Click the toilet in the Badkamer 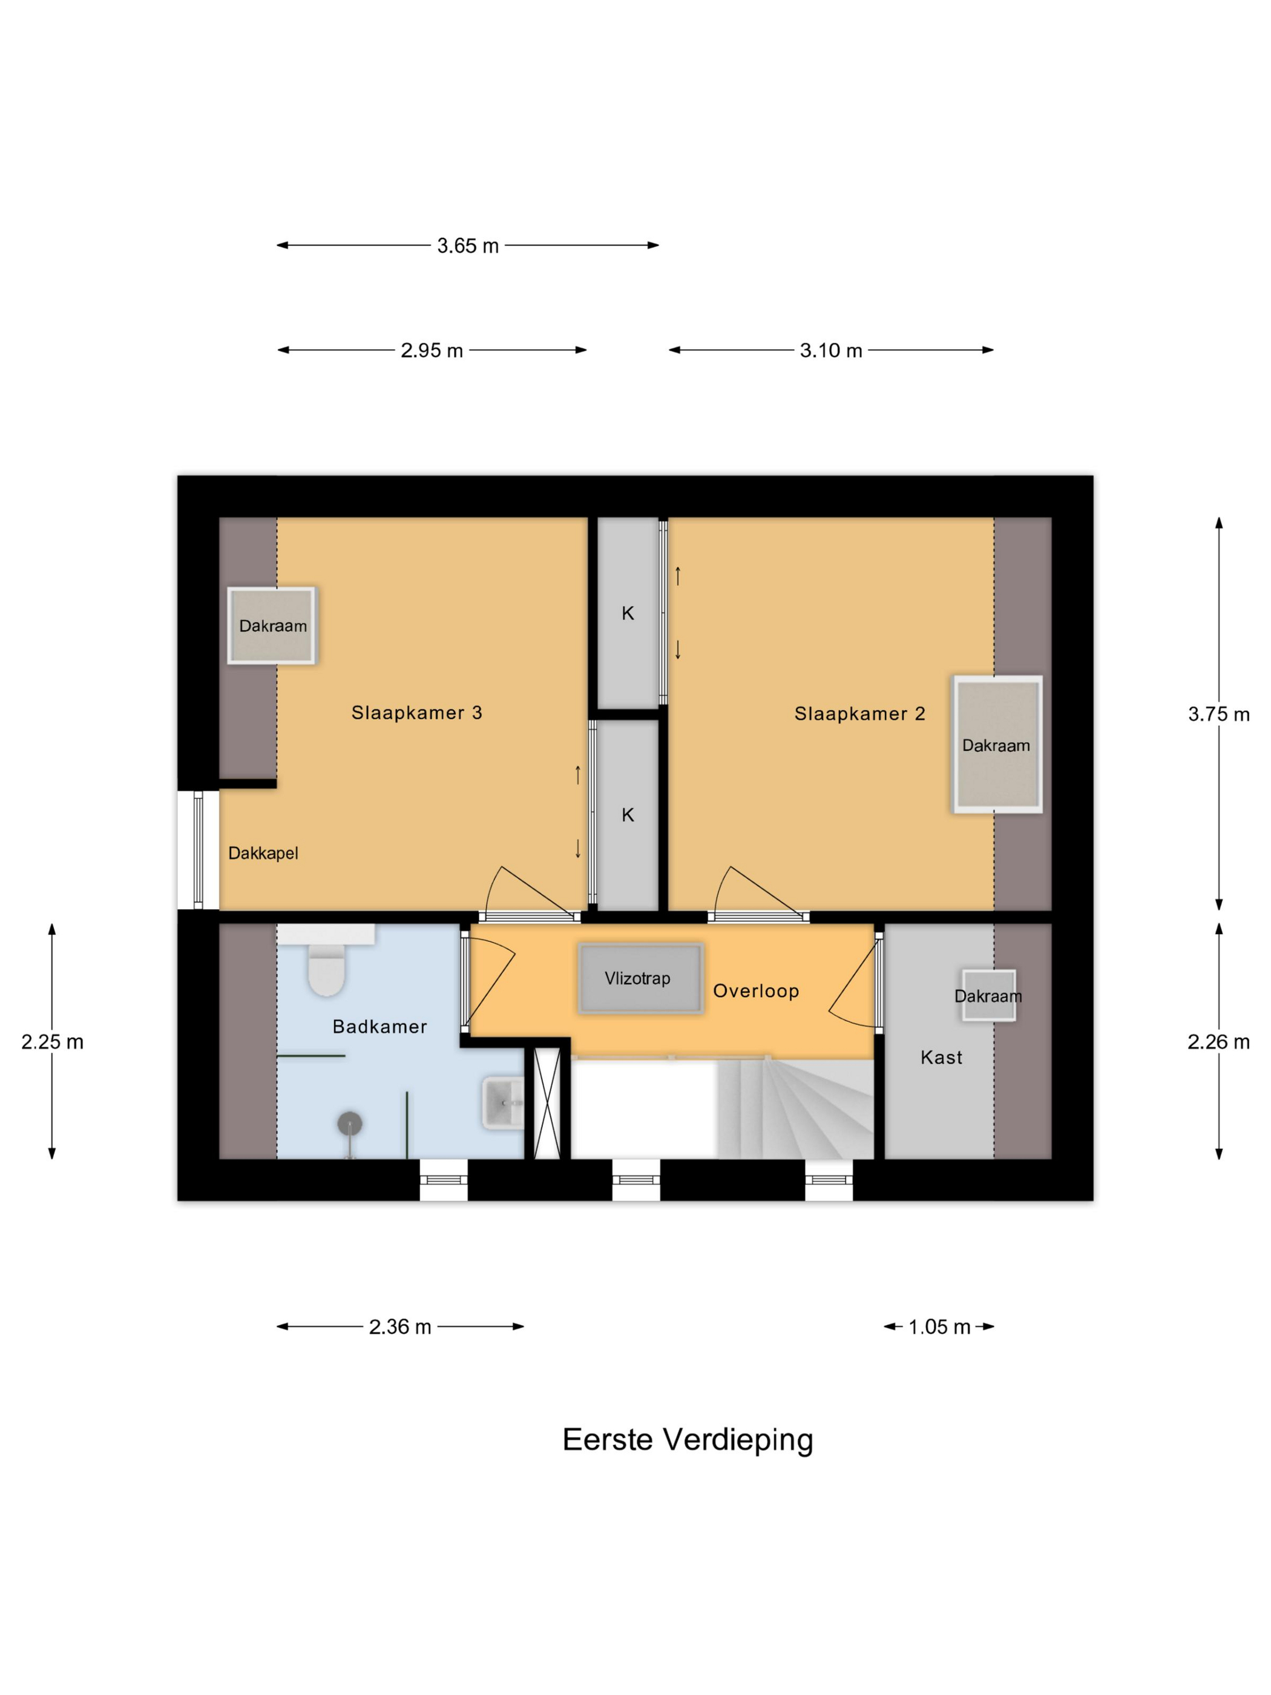tap(326, 969)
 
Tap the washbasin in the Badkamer tap(502, 1103)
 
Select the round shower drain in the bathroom tap(349, 1124)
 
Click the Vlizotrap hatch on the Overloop tap(640, 978)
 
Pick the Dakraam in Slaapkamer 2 tap(996, 744)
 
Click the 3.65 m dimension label tap(467, 246)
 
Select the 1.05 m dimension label tap(939, 1326)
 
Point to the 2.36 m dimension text tap(400, 1326)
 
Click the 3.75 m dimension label tap(1218, 714)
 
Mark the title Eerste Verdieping tap(687, 1440)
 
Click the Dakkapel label tap(263, 853)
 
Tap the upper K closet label tap(628, 613)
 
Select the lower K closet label tap(628, 815)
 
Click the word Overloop tap(755, 991)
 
